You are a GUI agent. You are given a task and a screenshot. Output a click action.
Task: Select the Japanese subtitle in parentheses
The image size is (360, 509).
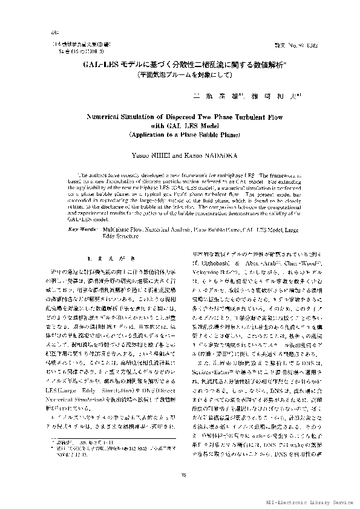[x=180, y=74]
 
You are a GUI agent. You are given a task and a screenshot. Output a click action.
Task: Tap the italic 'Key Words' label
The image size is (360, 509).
[x=81, y=213]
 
